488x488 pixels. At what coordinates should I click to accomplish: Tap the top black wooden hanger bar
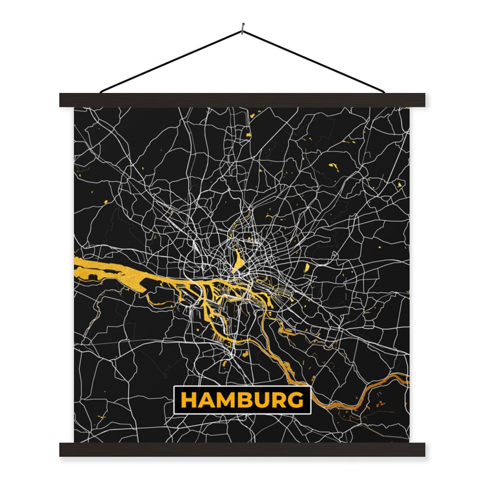point(242,100)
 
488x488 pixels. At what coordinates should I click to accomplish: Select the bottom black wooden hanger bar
point(242,449)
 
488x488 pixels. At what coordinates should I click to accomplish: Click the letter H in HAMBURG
point(189,400)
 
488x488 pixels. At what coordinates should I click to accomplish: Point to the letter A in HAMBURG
point(207,400)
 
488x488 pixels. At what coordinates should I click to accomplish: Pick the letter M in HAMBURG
point(227,400)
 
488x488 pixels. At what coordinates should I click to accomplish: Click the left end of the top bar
point(63,100)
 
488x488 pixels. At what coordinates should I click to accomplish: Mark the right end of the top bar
point(422,100)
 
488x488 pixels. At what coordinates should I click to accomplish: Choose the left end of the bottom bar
point(63,449)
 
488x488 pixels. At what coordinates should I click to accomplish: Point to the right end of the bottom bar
point(422,449)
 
